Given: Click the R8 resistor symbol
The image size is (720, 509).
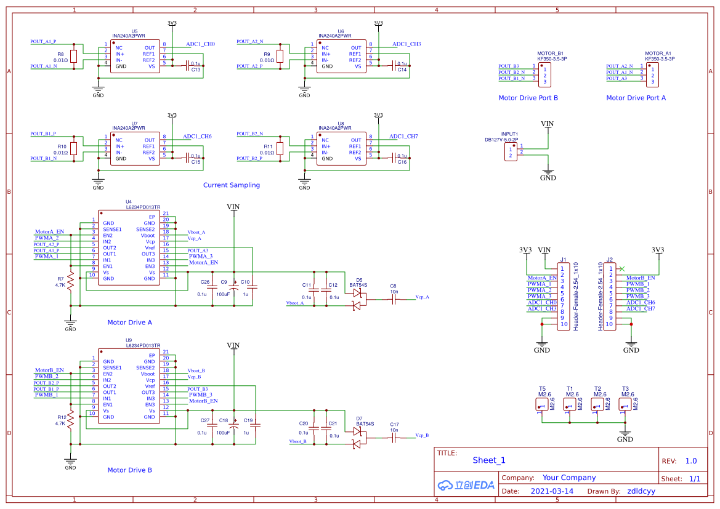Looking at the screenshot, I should [x=74, y=57].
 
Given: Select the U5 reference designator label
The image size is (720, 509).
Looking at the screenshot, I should [x=134, y=30].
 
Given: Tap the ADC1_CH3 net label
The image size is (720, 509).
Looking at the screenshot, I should [x=407, y=44].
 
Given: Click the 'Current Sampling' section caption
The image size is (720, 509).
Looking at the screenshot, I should [x=232, y=185].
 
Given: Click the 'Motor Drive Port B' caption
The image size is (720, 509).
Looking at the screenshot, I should [x=528, y=98].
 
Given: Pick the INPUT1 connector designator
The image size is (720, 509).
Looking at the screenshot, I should [x=509, y=134].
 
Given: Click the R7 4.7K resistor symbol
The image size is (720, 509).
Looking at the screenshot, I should [x=71, y=282].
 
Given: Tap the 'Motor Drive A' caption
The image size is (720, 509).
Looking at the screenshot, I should [x=129, y=323].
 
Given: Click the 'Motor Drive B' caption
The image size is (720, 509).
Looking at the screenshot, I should [x=129, y=470].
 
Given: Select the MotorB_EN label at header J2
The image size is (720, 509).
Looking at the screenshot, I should [x=641, y=278].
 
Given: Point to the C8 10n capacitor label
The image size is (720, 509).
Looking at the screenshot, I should [x=394, y=289].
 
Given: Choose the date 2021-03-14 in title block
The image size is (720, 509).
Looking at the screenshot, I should [x=552, y=491].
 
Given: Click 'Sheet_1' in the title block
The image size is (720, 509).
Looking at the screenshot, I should [x=489, y=460].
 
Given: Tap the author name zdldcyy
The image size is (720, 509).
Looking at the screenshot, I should [x=641, y=491].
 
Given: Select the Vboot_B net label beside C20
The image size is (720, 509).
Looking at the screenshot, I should [x=297, y=441].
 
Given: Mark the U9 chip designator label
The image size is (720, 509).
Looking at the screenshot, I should [x=129, y=340].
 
